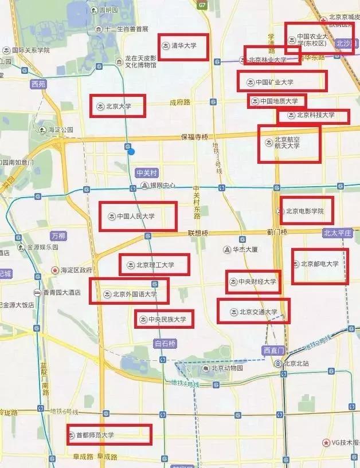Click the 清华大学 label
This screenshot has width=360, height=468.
[x=183, y=45]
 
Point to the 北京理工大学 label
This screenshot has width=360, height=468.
[x=155, y=265]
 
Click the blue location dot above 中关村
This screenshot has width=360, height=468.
[x=131, y=151]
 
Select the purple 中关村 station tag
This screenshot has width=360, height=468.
[x=146, y=172]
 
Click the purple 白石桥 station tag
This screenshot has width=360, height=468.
[x=165, y=343]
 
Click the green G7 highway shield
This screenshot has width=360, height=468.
[x=202, y=5]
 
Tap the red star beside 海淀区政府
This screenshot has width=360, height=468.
[x=55, y=270]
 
